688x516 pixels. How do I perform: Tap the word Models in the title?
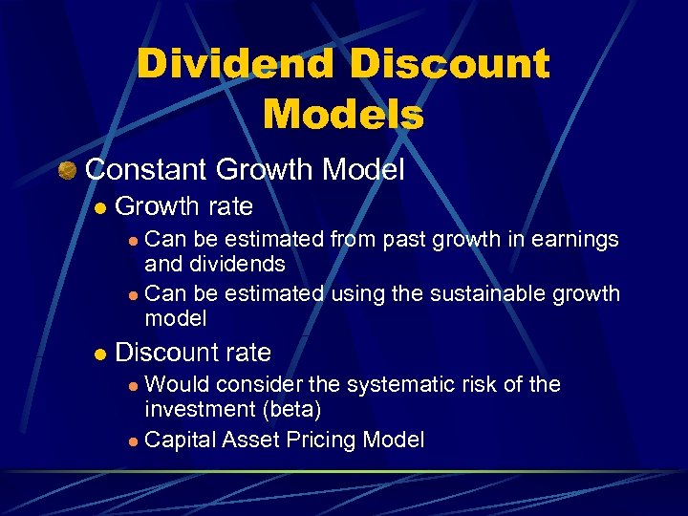pos(343,115)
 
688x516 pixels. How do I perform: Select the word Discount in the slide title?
pos(450,66)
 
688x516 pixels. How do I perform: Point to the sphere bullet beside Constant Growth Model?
pos(67,170)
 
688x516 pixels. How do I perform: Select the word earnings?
pos(572,239)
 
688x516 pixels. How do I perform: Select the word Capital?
pos(181,440)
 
